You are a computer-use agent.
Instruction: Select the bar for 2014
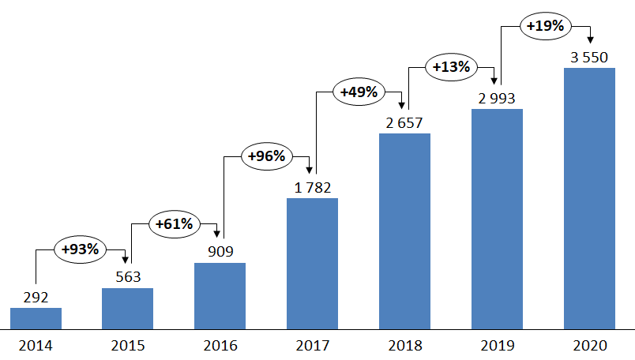pyautogui.click(x=36, y=318)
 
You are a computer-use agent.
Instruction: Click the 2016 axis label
pyautogui.click(x=220, y=345)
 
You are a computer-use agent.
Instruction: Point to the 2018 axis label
pyautogui.click(x=404, y=345)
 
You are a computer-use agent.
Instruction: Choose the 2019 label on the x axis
pyautogui.click(x=497, y=345)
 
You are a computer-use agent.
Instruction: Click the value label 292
pyautogui.click(x=36, y=298)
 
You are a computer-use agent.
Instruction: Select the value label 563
pyautogui.click(x=127, y=277)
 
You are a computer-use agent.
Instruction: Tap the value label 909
pyautogui.click(x=220, y=253)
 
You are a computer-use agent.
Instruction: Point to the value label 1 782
pyautogui.click(x=312, y=187)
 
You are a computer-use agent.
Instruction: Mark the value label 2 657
pyautogui.click(x=404, y=122)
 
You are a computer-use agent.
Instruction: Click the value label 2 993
pyautogui.click(x=497, y=98)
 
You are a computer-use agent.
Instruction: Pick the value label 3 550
pyautogui.click(x=589, y=58)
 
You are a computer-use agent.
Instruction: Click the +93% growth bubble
pyautogui.click(x=81, y=249)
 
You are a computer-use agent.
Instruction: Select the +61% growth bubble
pyautogui.click(x=174, y=223)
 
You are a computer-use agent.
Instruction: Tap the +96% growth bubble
pyautogui.click(x=266, y=156)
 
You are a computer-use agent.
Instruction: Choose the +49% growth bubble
pyautogui.click(x=359, y=92)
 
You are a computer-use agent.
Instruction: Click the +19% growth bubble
pyautogui.click(x=545, y=26)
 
